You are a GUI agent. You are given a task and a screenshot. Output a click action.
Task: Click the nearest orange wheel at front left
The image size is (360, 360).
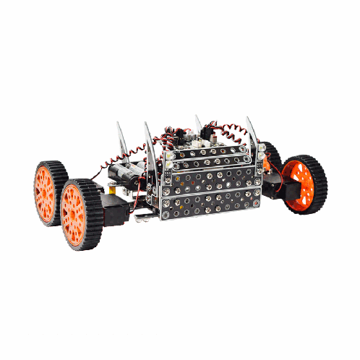78,215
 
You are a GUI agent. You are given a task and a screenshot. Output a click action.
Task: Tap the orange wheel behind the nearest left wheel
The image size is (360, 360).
46,194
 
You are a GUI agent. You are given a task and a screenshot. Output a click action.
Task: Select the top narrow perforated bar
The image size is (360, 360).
210,151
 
